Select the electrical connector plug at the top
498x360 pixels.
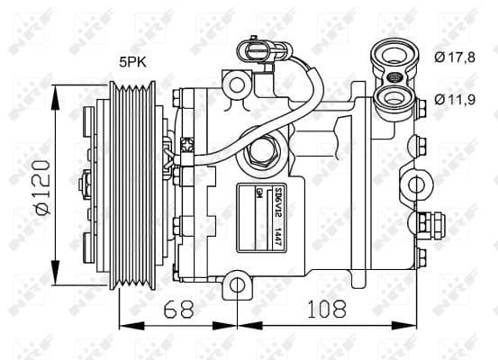pos(248,48)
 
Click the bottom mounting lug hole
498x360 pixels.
pos(236,286)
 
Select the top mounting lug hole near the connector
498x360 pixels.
pos(236,86)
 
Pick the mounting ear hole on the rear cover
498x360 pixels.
pos(418,185)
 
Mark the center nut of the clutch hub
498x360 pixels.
pos(83,184)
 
